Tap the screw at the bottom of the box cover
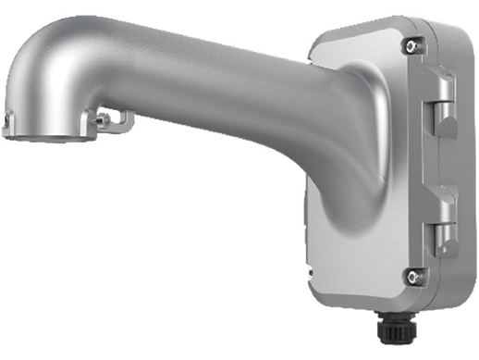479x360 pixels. click(409, 274)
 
